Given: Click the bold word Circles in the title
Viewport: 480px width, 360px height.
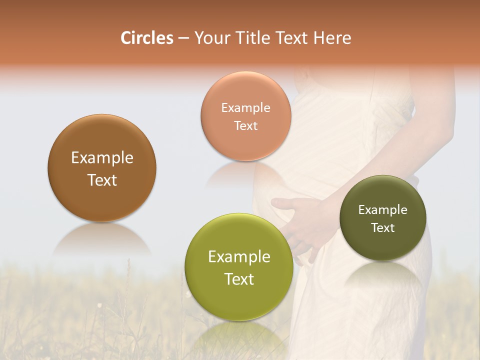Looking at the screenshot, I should click(x=146, y=38).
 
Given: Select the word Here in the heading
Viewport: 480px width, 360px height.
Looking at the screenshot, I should click(x=333, y=38).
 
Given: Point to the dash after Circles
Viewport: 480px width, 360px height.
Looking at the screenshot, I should click(x=183, y=38).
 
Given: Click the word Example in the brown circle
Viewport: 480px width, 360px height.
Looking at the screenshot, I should click(x=102, y=157).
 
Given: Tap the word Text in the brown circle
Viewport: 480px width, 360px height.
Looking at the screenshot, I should click(x=102, y=180).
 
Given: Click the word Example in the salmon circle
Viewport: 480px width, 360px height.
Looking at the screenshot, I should click(x=245, y=107).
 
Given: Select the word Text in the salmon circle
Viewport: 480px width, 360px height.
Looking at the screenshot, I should click(x=245, y=125).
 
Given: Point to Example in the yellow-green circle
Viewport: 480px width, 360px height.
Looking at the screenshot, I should click(x=239, y=256).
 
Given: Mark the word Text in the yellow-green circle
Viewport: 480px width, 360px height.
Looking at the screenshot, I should click(x=239, y=279).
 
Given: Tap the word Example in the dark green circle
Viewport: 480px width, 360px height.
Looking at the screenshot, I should click(x=382, y=209).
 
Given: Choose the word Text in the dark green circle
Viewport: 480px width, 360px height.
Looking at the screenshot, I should click(x=382, y=227).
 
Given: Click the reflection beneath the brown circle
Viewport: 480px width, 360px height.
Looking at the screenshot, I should click(x=101, y=240).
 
